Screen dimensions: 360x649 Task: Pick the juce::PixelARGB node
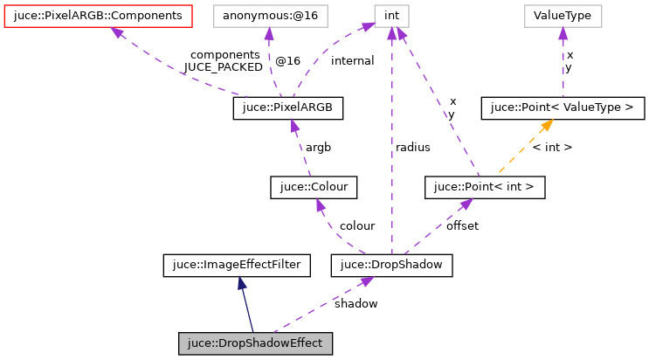[x=288, y=107]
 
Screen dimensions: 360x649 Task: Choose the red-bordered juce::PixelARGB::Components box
[x=98, y=16]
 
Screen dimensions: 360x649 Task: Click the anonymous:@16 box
[x=267, y=16]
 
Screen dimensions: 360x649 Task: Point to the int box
[x=391, y=16]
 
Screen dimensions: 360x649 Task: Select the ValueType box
[x=563, y=16]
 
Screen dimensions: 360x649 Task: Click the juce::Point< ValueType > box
[x=563, y=107]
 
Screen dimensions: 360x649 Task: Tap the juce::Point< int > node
[x=484, y=186]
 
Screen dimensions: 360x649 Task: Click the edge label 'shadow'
[x=356, y=304]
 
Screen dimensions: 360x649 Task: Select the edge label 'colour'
[x=357, y=225]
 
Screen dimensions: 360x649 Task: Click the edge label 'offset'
[x=462, y=225]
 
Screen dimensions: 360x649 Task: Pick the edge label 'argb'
[x=317, y=147]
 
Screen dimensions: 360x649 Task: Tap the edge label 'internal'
[x=352, y=61]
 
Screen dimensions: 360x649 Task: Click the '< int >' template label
[x=551, y=147]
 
